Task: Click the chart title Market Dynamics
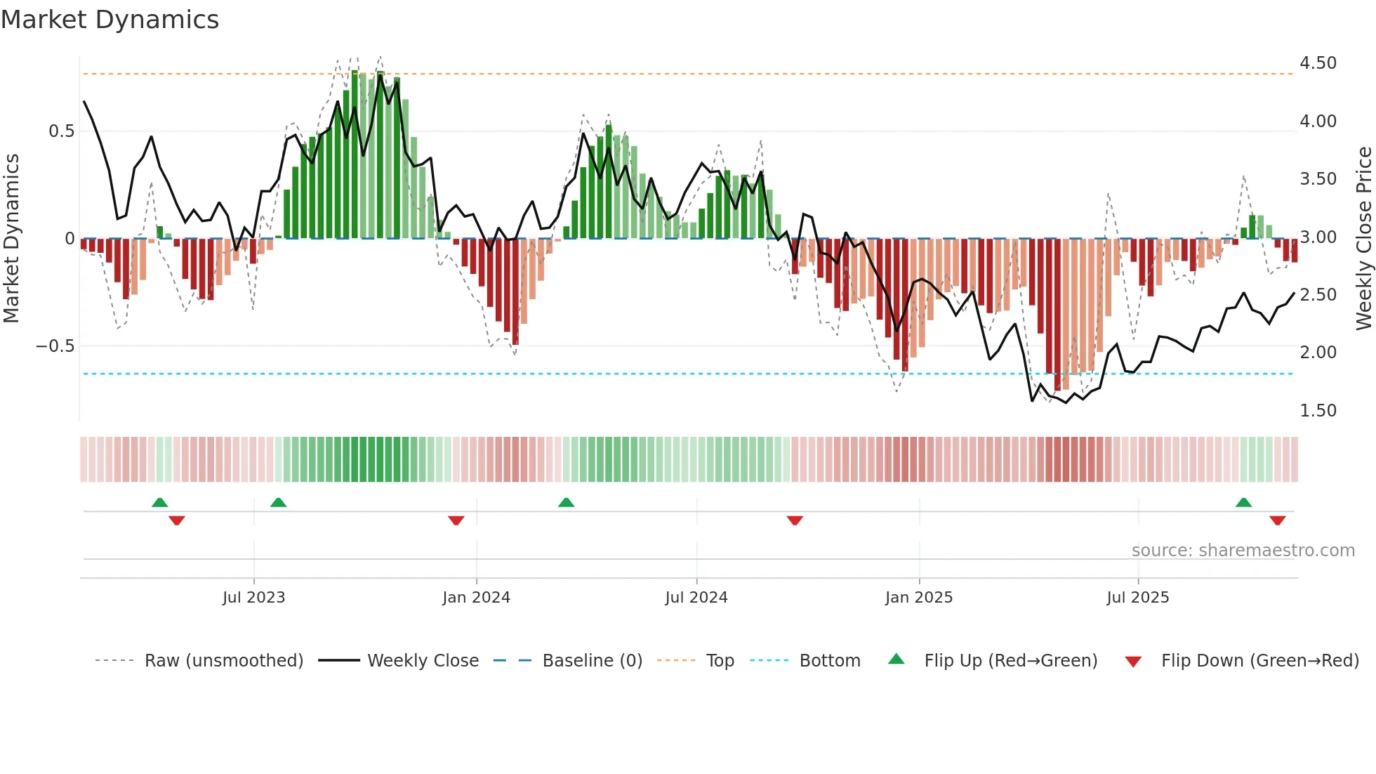coord(110,20)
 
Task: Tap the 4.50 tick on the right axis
coord(1318,63)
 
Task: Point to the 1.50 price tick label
coord(1318,411)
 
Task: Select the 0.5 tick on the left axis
coord(61,131)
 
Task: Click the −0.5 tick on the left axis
coord(55,346)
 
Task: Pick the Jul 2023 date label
coord(253,598)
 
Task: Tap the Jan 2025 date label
coord(918,598)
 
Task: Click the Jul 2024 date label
coord(696,598)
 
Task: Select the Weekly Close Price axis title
coord(1363,239)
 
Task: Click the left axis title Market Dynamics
coord(11,239)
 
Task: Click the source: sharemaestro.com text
coord(1243,551)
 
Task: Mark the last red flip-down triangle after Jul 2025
coord(1277,520)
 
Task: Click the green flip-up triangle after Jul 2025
coord(1243,502)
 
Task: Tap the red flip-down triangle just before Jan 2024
coord(456,520)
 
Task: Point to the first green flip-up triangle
coord(159,502)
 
